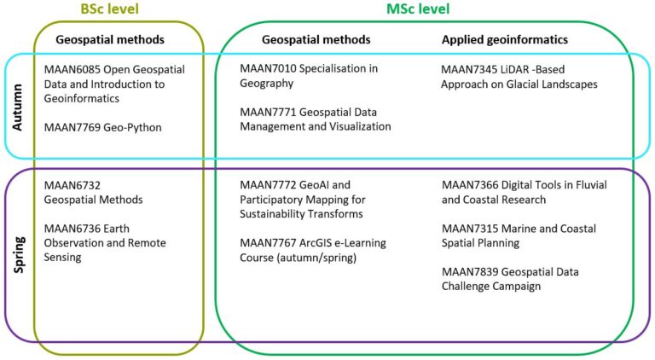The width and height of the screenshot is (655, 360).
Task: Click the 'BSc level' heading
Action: [109, 9]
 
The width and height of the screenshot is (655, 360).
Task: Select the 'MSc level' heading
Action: [418, 9]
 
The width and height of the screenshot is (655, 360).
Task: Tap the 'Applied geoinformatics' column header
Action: [505, 40]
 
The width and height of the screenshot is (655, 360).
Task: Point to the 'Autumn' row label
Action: [18, 107]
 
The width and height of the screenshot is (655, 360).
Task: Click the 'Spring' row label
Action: [20, 254]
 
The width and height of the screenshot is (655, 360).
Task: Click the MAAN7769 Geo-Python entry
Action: [102, 127]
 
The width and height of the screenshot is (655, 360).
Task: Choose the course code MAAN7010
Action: [268, 68]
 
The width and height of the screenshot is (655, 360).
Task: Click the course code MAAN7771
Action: [268, 112]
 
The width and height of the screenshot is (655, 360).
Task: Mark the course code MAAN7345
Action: [469, 69]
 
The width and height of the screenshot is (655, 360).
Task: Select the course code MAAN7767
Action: [268, 242]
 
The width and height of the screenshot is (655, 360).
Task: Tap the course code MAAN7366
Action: [470, 185]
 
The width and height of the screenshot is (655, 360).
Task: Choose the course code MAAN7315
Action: [470, 229]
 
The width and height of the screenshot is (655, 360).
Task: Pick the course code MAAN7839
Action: [470, 272]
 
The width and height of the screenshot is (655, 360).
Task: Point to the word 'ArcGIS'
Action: [316, 242]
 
